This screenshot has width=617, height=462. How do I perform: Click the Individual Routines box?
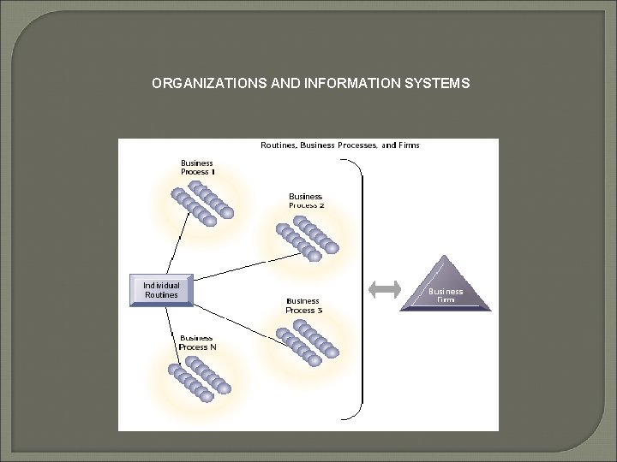click(x=161, y=290)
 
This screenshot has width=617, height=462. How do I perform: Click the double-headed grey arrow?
click(x=385, y=289)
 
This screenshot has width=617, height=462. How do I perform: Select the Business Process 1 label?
click(x=197, y=167)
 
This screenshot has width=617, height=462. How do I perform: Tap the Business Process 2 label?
click(x=306, y=201)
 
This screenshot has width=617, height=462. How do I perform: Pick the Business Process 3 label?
click(x=304, y=305)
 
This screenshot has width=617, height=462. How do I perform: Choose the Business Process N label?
click(x=197, y=342)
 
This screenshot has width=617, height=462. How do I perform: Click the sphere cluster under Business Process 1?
click(x=202, y=202)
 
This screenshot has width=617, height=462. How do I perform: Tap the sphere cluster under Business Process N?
click(x=200, y=377)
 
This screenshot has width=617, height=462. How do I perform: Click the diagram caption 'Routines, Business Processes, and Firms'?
click(x=340, y=145)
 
